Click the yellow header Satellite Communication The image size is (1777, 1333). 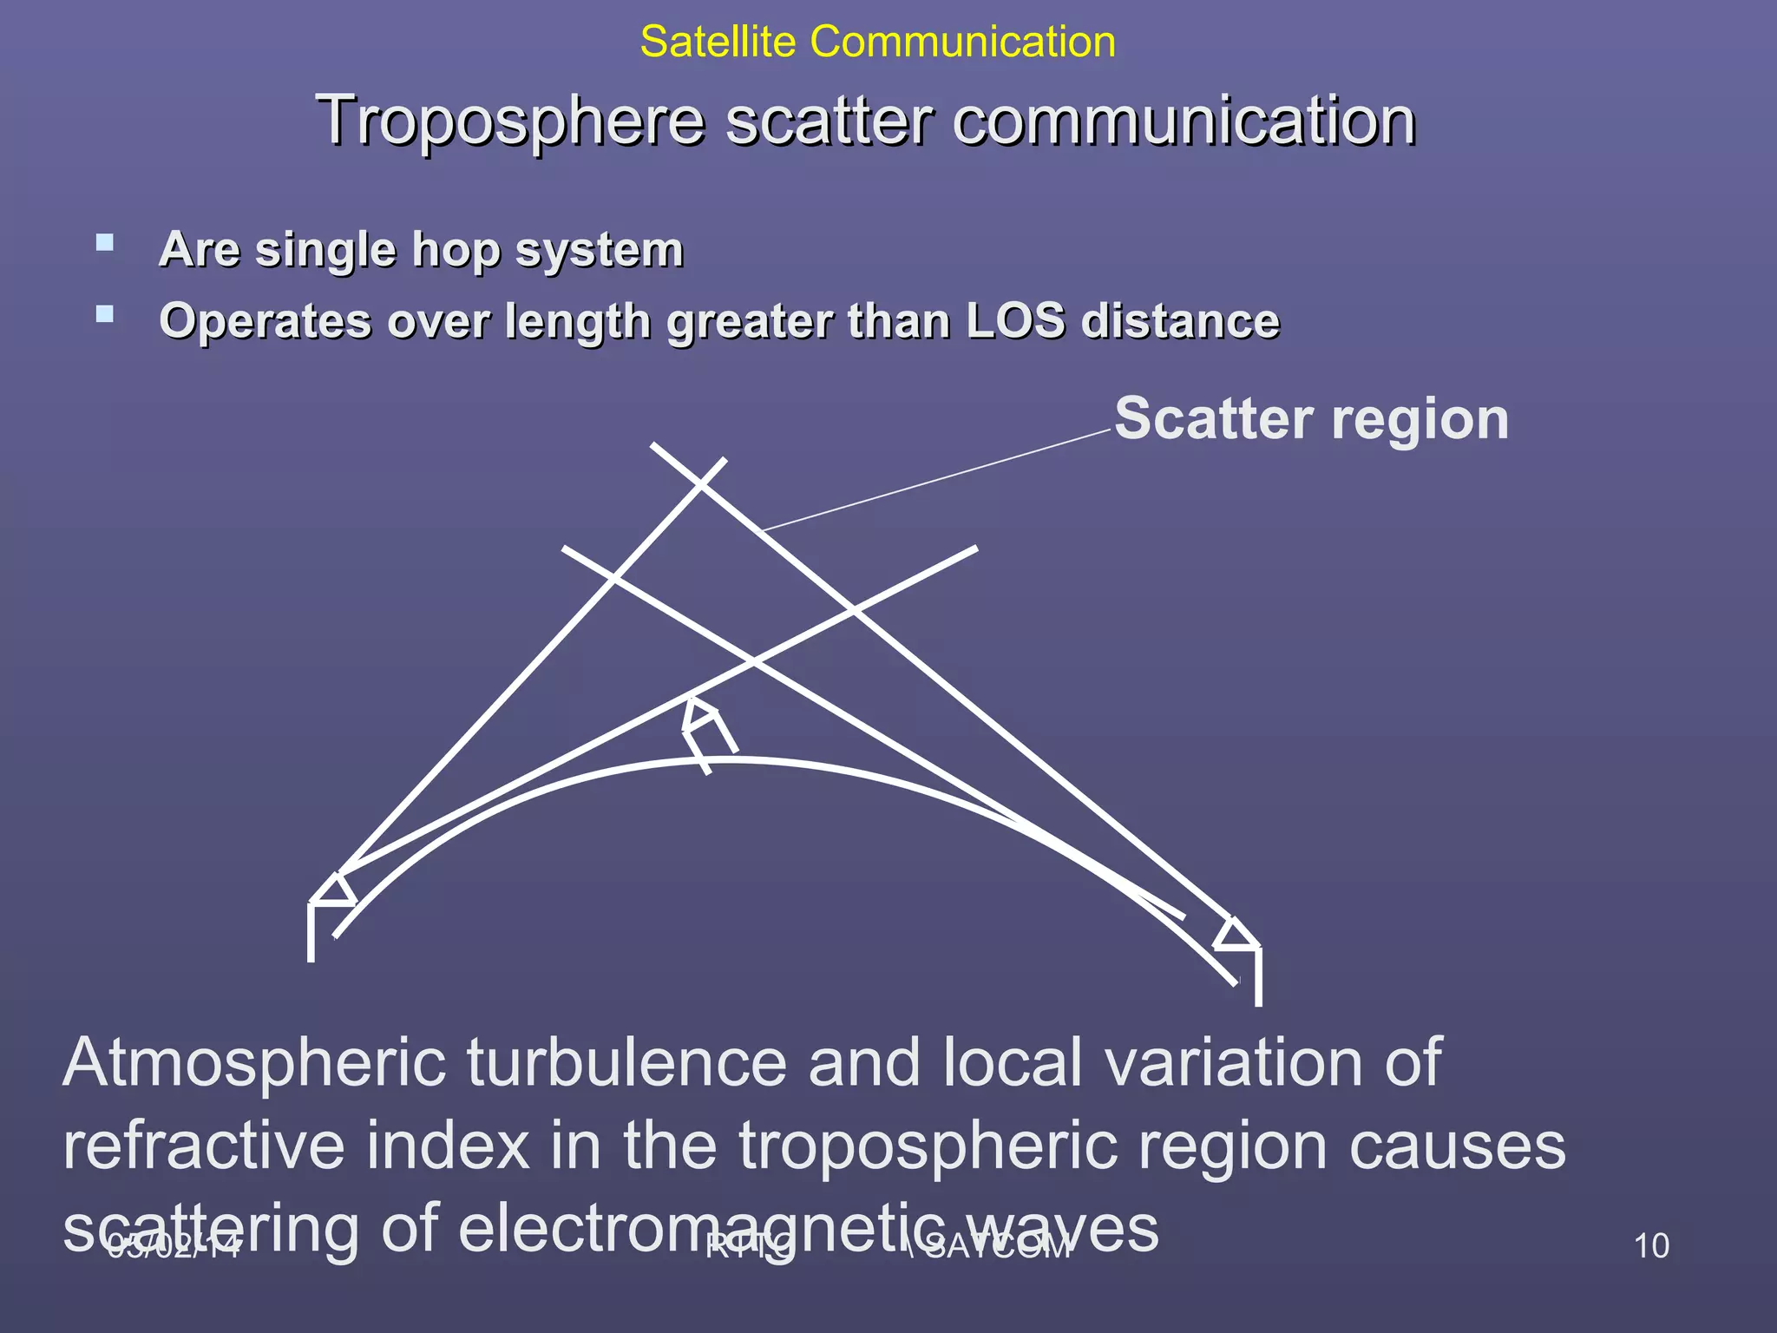tap(877, 42)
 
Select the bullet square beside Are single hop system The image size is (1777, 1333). tap(105, 242)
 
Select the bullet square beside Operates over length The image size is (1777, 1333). tap(105, 314)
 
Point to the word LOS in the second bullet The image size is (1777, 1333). tap(1014, 321)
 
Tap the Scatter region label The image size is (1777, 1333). tap(1311, 419)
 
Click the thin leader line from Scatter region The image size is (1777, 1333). tap(937, 479)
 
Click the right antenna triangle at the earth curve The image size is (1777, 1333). tap(1235, 935)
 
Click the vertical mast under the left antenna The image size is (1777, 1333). tap(311, 933)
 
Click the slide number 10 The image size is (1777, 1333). tap(1650, 1246)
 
